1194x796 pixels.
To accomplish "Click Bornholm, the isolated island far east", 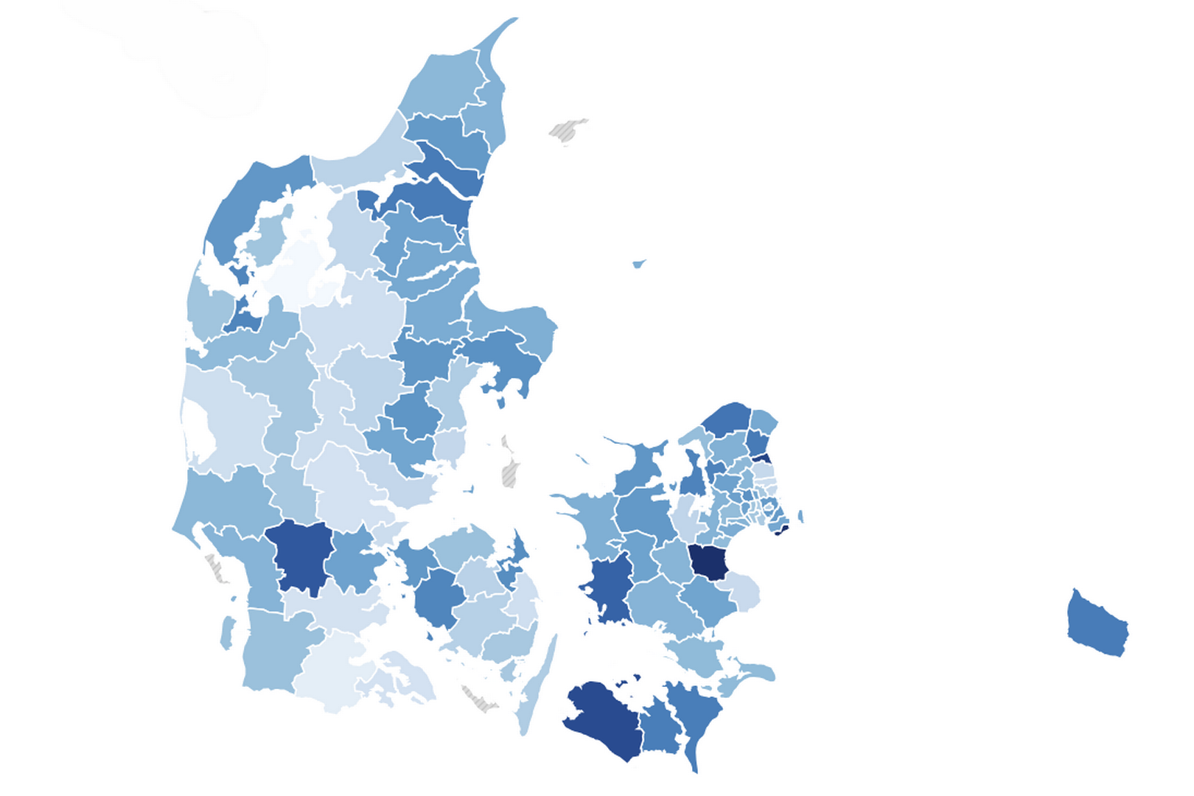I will click(1097, 624).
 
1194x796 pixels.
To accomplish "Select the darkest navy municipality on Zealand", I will click(708, 562).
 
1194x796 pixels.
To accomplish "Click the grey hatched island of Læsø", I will click(568, 130).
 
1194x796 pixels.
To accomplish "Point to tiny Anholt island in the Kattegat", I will click(639, 263).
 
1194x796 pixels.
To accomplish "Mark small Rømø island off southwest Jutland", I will click(228, 632).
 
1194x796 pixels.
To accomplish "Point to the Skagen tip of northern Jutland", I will click(501, 37).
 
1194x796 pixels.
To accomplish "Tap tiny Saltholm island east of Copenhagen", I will click(801, 516).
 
